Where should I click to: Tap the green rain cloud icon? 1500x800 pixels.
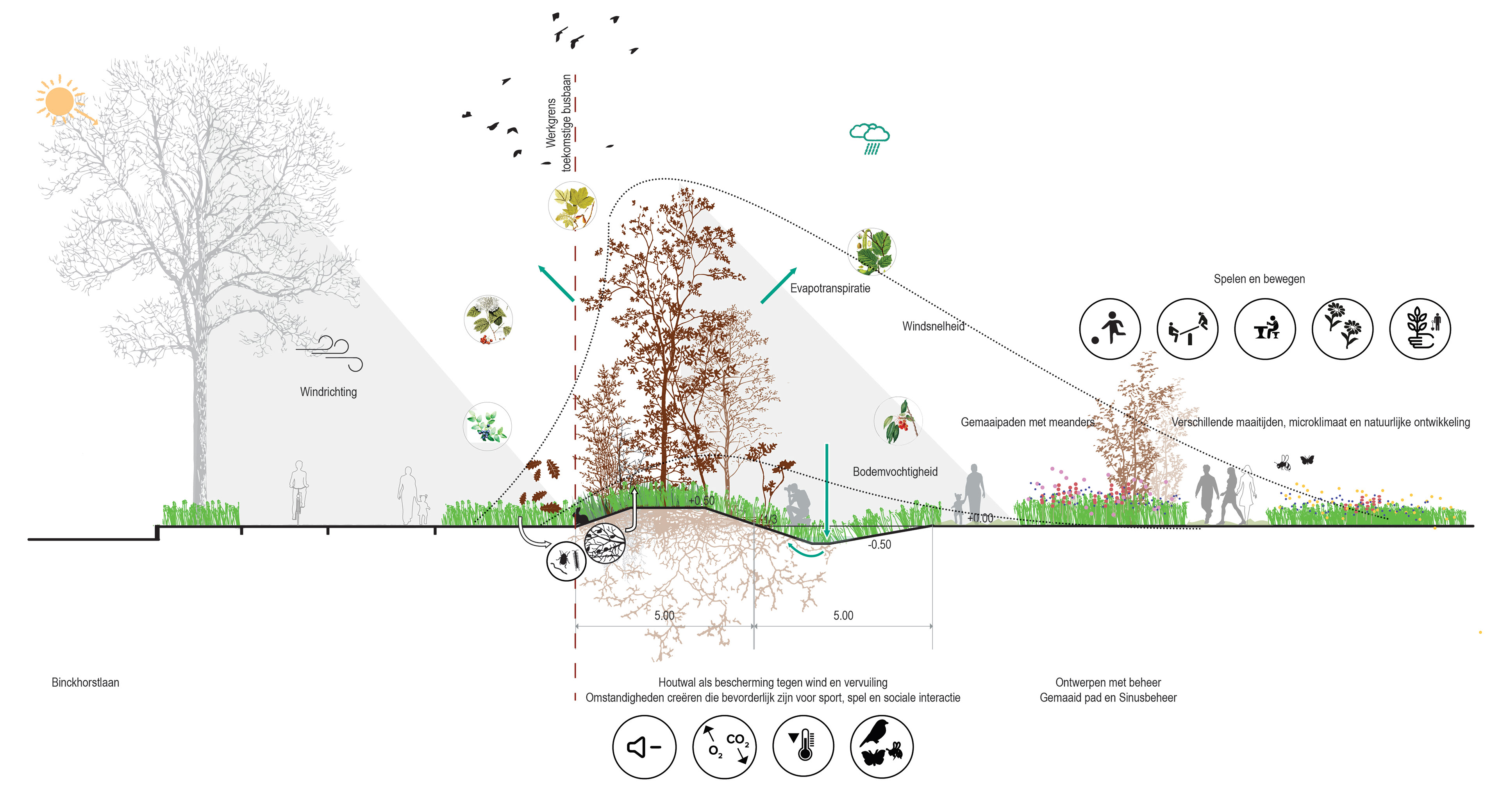click(870, 137)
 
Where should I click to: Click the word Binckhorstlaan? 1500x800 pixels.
click(85, 682)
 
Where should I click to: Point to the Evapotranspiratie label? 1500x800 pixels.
click(830, 288)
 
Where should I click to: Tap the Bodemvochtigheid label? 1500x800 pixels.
click(895, 471)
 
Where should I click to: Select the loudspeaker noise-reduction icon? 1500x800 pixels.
click(644, 747)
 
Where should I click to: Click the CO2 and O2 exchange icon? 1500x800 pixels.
click(724, 747)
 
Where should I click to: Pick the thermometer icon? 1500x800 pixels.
click(804, 747)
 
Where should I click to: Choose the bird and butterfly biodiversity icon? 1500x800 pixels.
click(882, 747)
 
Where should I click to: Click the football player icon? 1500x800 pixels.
click(1109, 329)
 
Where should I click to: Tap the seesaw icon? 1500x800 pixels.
click(1187, 329)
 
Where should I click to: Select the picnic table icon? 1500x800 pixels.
click(1265, 329)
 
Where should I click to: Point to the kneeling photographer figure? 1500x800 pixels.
click(798, 504)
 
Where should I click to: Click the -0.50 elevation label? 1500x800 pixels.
click(879, 545)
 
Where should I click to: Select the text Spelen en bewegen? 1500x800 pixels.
click(1259, 279)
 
